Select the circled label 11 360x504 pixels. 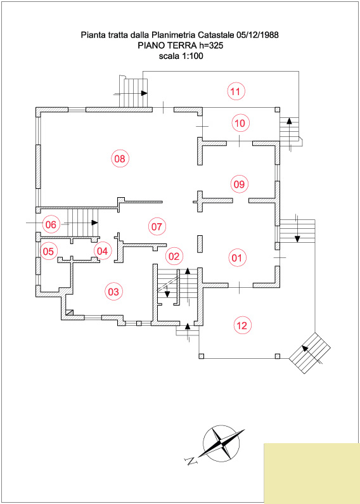(x=236, y=91)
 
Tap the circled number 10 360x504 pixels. (x=240, y=123)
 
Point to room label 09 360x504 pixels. (x=240, y=184)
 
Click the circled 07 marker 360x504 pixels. (x=157, y=226)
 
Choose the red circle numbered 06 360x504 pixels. (x=51, y=224)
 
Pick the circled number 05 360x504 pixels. (x=49, y=251)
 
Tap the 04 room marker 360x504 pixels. (x=103, y=251)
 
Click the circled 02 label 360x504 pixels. (x=174, y=256)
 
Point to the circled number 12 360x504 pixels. (x=241, y=326)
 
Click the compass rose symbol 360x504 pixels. (x=221, y=443)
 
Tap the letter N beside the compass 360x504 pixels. (x=191, y=462)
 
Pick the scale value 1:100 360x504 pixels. (x=193, y=56)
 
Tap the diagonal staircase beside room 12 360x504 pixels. (x=310, y=353)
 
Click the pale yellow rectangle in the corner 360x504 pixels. (x=312, y=474)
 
